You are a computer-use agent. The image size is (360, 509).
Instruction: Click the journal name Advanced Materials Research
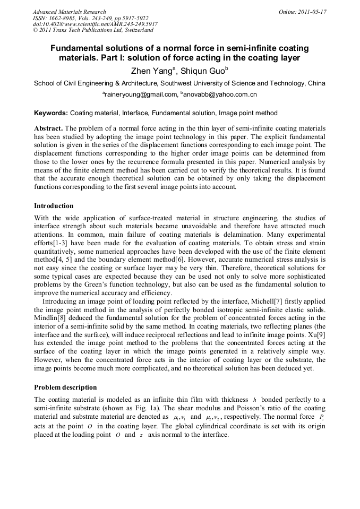click(x=69, y=12)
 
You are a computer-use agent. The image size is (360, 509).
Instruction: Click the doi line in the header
click(x=95, y=24)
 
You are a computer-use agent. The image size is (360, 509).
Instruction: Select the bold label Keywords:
click(x=51, y=113)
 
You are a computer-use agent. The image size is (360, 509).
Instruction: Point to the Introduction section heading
click(x=54, y=206)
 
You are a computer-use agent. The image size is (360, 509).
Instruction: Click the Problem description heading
click(x=65, y=387)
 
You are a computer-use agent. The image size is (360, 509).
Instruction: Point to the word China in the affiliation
click(x=316, y=83)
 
